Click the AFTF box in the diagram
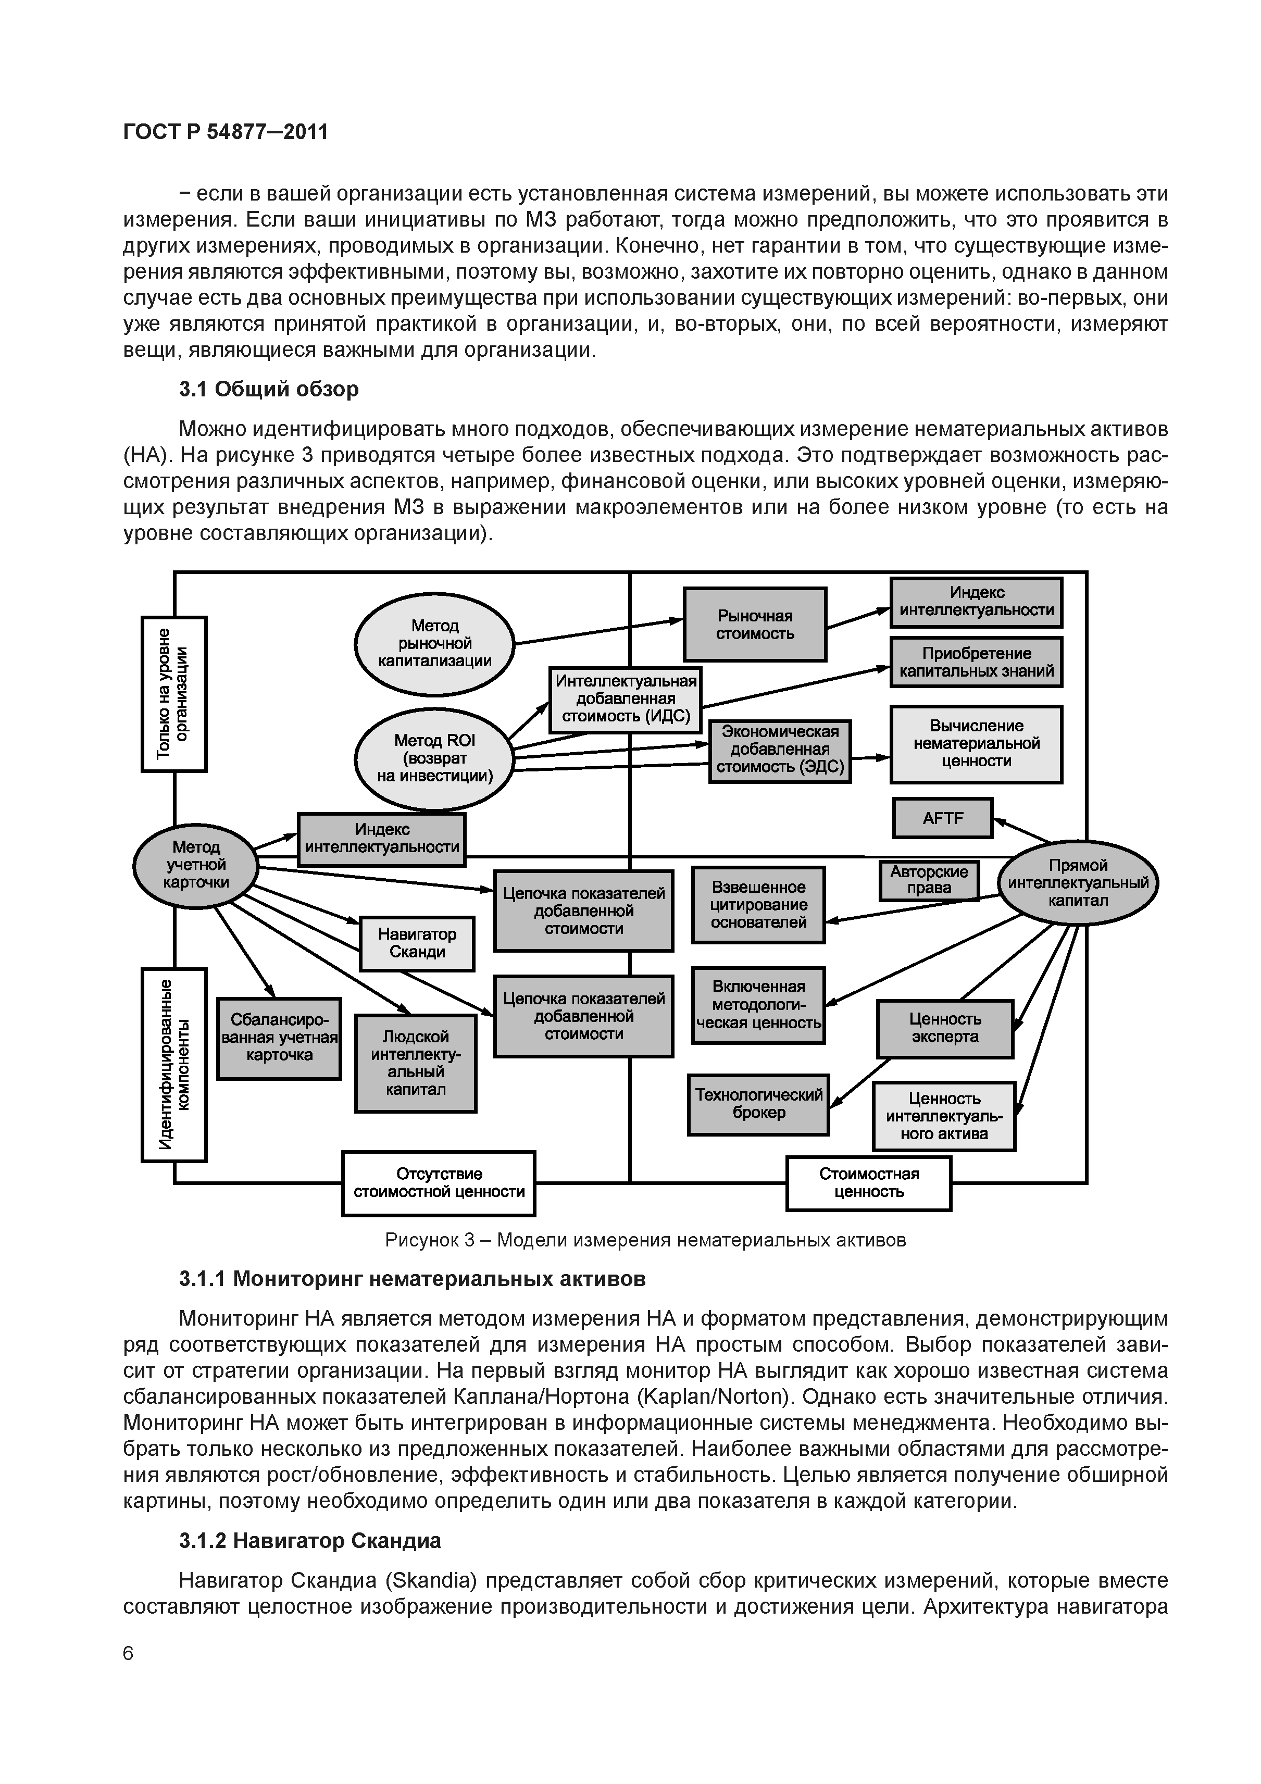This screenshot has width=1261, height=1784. pos(942,818)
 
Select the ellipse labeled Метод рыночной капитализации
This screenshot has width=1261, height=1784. pos(434,643)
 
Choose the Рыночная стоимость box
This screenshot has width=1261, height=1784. pos(754,625)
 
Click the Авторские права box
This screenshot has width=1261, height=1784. pos(929,880)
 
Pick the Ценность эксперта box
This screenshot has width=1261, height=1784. pos(945,1028)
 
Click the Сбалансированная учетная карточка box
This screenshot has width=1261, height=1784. pos(279,1038)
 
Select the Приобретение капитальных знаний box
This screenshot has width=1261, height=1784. pos(976,662)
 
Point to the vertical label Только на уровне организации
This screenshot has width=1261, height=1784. pos(174,693)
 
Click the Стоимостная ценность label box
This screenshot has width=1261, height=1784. pos(869,1182)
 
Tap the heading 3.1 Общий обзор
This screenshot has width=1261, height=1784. pos(269,389)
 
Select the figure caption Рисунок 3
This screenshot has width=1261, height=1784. pos(645,1239)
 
